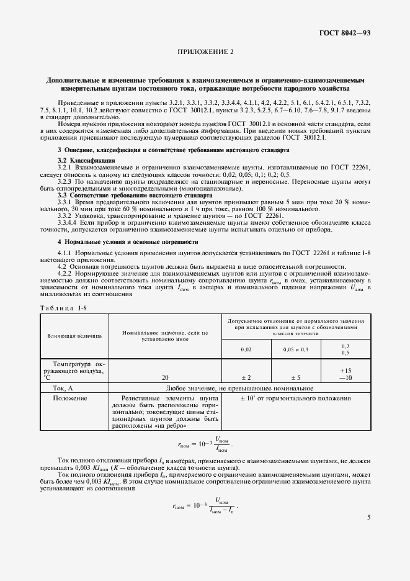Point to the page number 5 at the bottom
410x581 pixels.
click(x=368, y=516)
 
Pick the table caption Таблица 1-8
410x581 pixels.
click(x=60, y=308)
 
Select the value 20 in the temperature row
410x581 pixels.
click(x=165, y=377)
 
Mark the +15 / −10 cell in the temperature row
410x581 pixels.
click(x=345, y=372)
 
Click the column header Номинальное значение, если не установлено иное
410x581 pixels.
click(x=165, y=336)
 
